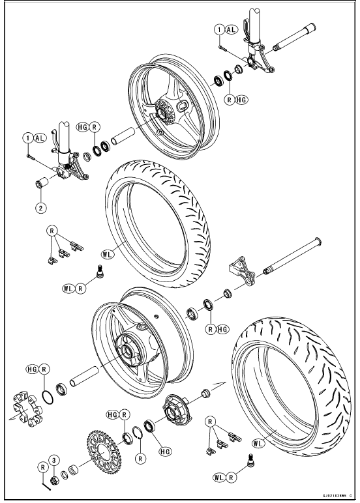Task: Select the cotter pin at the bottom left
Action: pyautogui.click(x=46, y=483)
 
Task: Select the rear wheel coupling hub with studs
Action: pyautogui.click(x=177, y=408)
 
